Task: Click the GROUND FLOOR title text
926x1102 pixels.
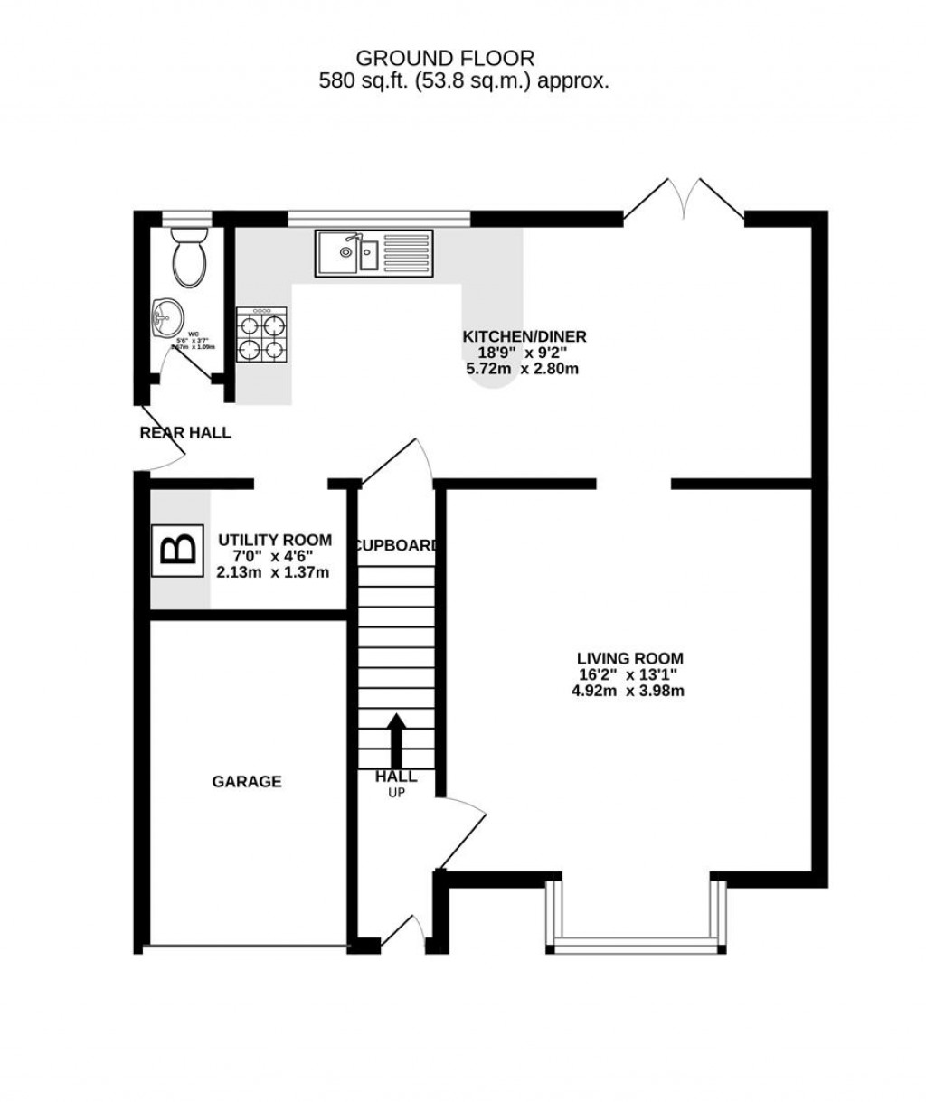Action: (x=445, y=58)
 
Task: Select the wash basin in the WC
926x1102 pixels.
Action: (x=167, y=318)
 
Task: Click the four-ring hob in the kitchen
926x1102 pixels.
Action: (x=262, y=334)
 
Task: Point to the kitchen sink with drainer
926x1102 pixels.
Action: (x=373, y=252)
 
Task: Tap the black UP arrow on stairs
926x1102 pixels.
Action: (x=396, y=740)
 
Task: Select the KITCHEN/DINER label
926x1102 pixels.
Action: (x=524, y=336)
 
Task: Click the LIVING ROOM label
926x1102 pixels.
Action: (x=630, y=658)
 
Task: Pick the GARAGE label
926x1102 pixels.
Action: (x=246, y=781)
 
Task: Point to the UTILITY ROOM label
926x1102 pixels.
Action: (x=274, y=540)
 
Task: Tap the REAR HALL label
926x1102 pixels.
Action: (x=185, y=433)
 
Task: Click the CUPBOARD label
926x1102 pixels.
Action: (x=396, y=545)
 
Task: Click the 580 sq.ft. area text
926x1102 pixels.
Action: (x=463, y=80)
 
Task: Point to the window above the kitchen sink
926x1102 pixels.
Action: (x=379, y=217)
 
